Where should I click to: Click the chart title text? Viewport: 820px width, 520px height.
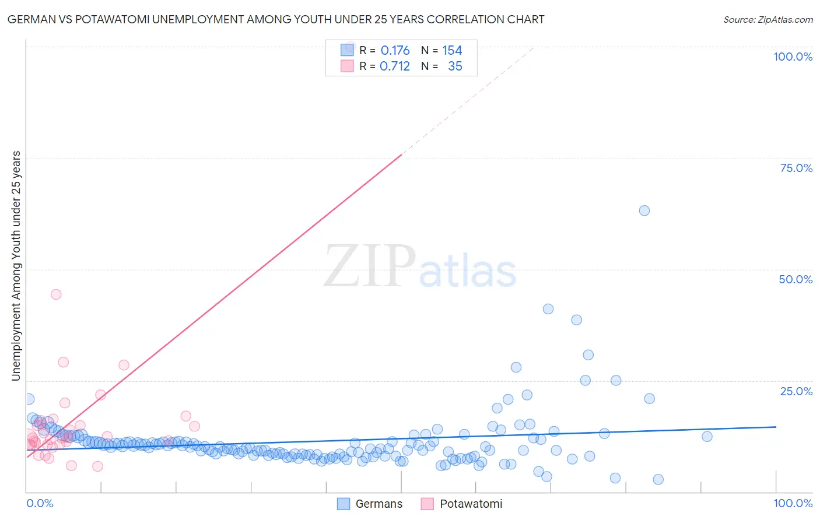(x=276, y=19)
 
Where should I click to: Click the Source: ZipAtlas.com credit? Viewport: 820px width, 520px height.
(x=768, y=19)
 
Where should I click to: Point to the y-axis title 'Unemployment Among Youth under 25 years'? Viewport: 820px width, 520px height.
(x=16, y=266)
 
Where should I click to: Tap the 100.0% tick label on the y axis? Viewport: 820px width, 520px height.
(x=793, y=57)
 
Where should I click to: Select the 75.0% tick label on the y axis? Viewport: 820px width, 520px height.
(x=796, y=168)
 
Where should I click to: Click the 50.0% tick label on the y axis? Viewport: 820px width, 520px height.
(x=796, y=279)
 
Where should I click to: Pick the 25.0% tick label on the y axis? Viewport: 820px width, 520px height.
(x=796, y=391)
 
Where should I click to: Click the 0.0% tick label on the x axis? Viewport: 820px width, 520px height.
(x=40, y=503)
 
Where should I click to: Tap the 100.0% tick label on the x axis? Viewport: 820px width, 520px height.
(x=793, y=503)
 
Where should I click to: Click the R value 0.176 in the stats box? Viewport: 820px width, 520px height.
(x=395, y=51)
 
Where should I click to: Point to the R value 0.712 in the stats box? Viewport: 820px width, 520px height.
(x=395, y=66)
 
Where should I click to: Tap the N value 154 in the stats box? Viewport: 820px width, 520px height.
(x=452, y=51)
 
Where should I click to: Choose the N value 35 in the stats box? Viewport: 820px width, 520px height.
(x=455, y=66)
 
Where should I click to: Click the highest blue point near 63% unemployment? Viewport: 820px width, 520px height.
(x=644, y=210)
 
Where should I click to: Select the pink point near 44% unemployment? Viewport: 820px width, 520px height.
(x=56, y=294)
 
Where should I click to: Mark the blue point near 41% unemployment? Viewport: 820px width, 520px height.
(x=548, y=309)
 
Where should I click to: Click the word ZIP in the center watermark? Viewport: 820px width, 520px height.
(x=370, y=266)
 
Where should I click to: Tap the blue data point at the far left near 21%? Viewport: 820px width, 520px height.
(x=29, y=399)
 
